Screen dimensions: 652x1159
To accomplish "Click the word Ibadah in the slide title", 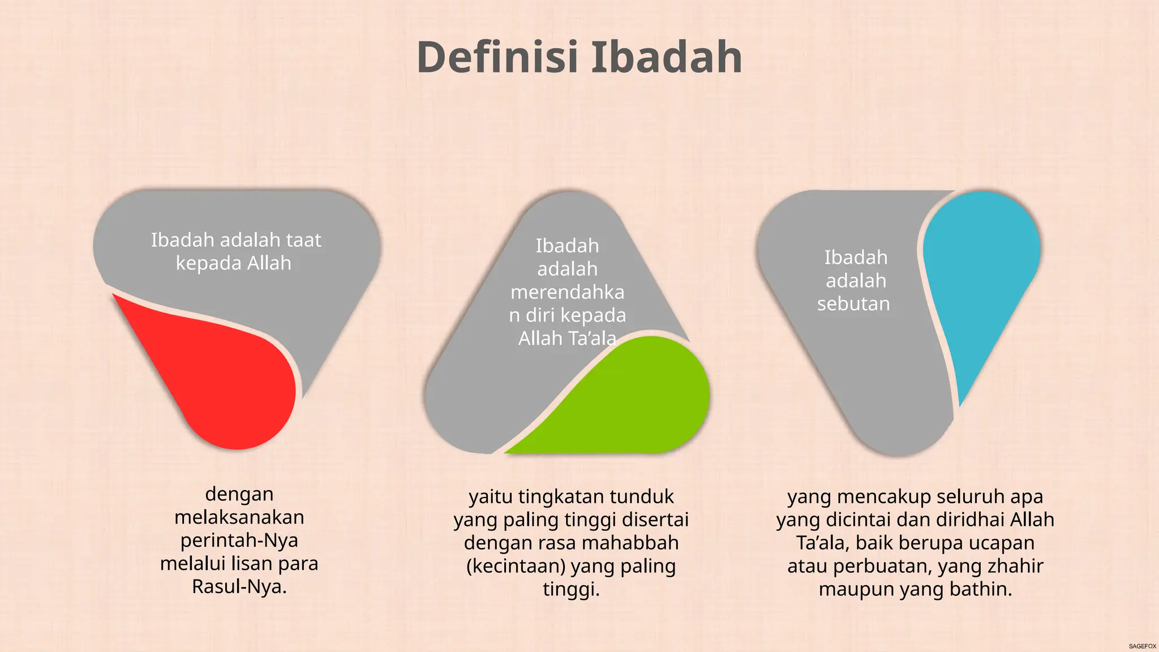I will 667,58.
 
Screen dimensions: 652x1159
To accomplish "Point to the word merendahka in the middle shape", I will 567,292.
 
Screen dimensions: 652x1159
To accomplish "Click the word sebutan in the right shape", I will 853,304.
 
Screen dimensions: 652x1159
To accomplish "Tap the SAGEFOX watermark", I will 1142,646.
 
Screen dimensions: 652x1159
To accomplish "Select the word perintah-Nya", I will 239,541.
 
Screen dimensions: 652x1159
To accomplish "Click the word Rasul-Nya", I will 239,587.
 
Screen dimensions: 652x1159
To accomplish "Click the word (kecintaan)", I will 516,566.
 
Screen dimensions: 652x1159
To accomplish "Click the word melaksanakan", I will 239,517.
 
